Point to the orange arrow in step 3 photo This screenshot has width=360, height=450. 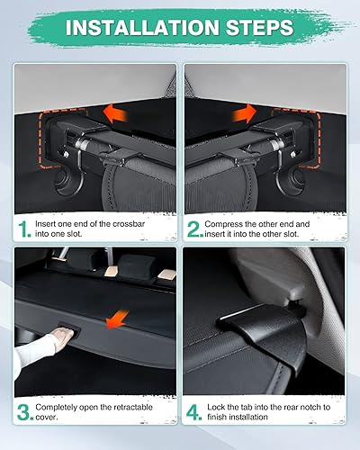[x=114, y=318]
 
